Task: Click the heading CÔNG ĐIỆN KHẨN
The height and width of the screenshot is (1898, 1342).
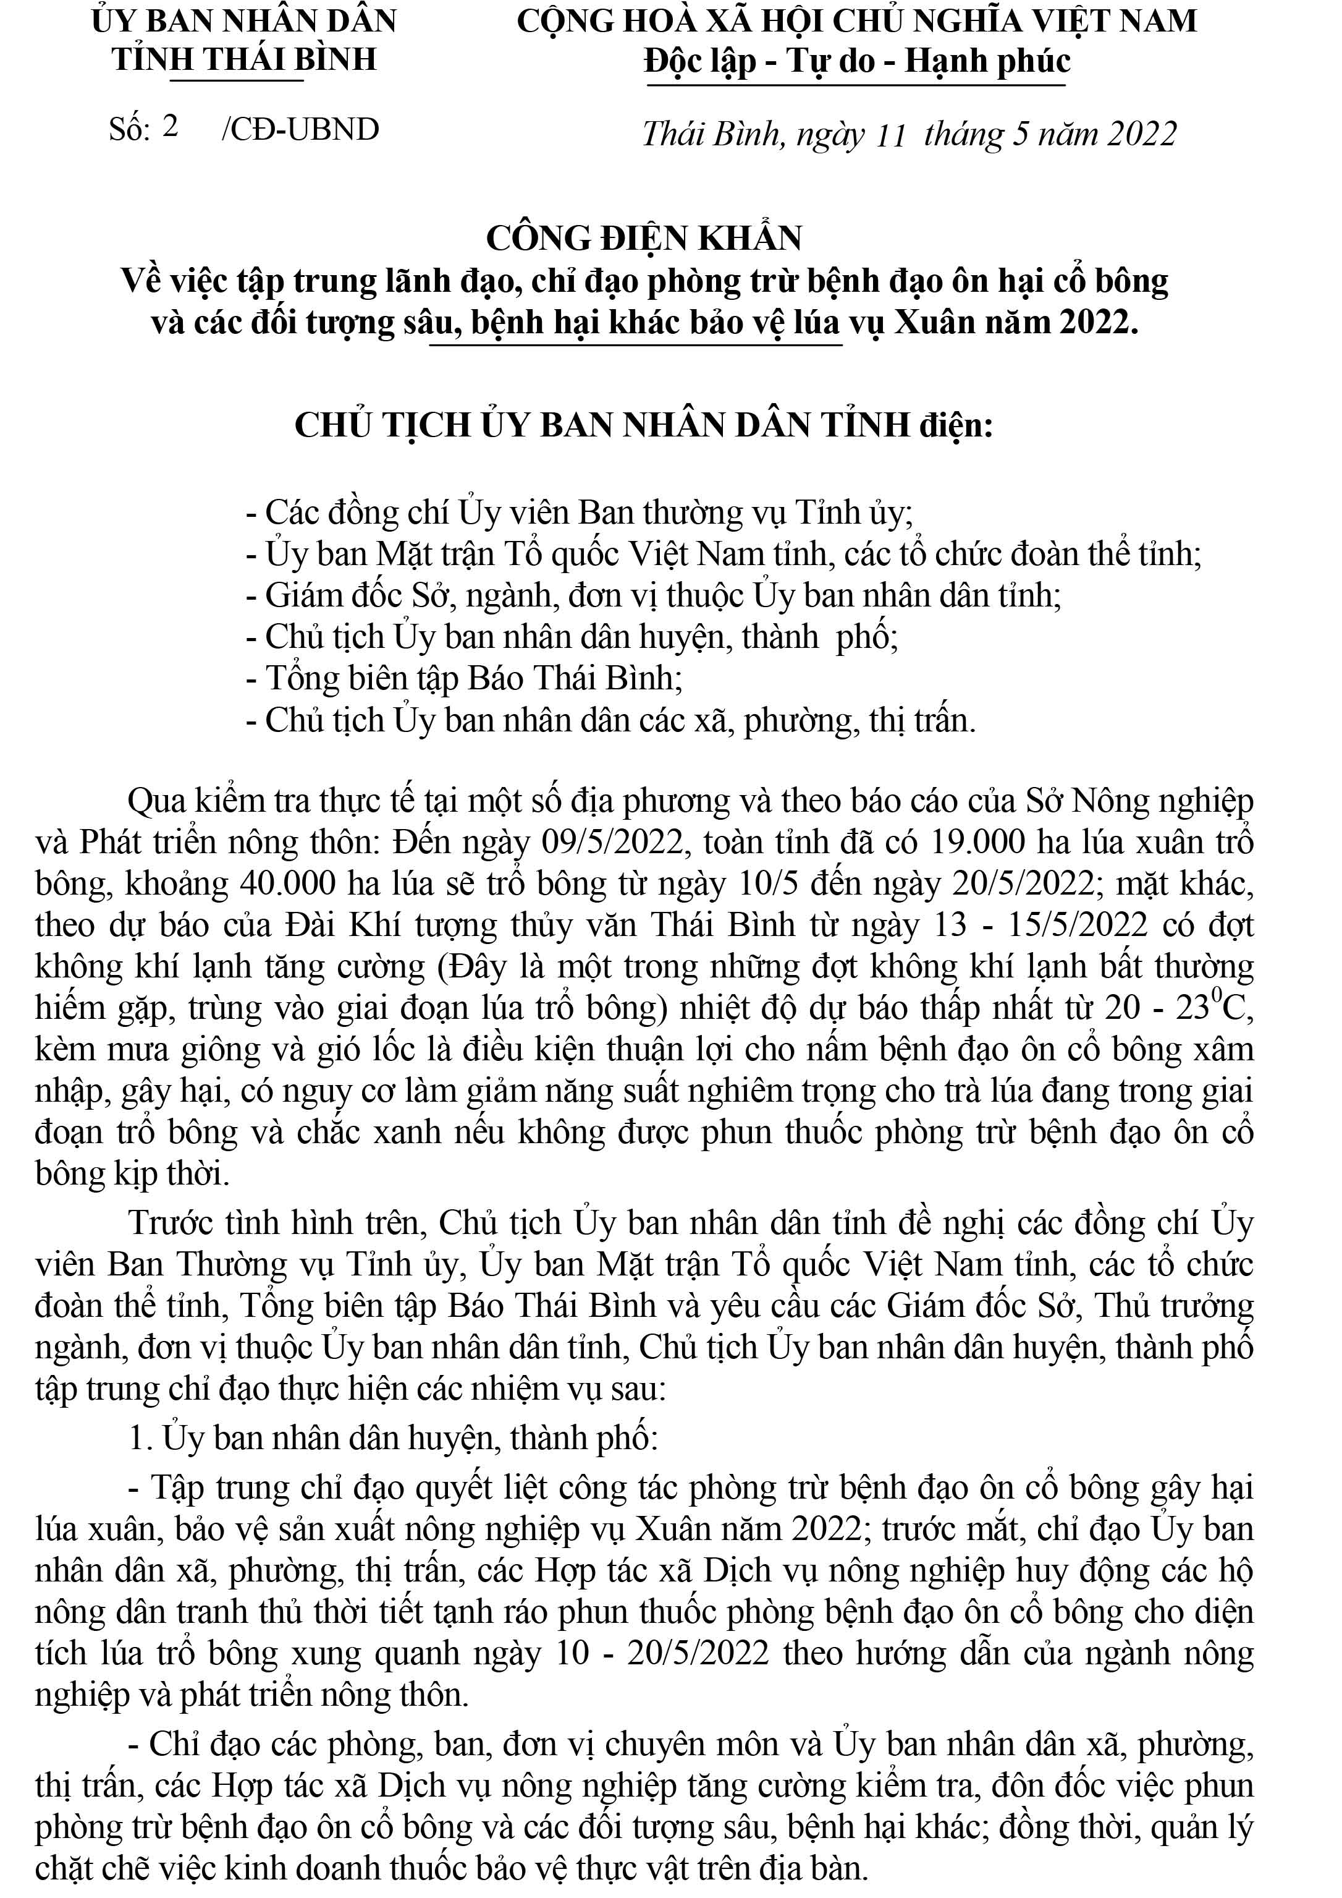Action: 644,238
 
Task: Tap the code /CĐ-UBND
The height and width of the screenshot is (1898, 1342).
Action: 301,130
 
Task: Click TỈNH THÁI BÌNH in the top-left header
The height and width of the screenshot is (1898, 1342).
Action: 245,59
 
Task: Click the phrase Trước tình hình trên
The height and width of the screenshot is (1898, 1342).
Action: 277,1223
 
